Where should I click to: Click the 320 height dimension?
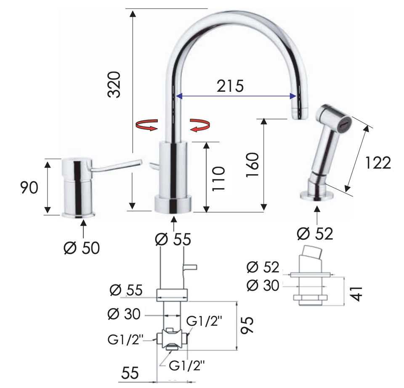point(114,85)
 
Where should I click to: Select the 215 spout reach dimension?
point(230,86)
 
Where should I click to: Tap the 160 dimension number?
point(252,165)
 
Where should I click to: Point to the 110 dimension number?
point(219,178)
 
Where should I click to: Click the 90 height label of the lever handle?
point(29,187)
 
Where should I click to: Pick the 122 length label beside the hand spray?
point(378,163)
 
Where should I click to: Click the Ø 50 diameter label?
point(82,248)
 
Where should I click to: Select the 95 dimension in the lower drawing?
point(247,325)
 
